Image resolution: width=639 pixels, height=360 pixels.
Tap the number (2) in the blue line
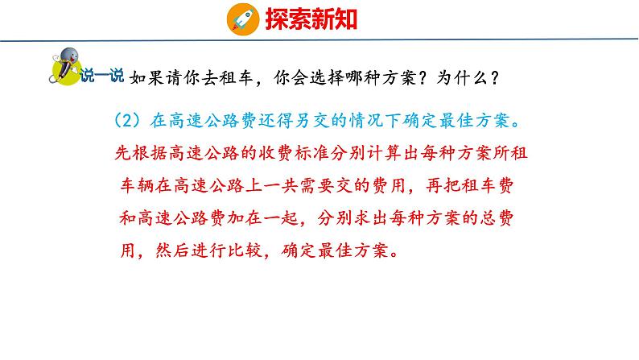[128, 122]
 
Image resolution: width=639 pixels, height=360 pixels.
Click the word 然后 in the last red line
[167, 250]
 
